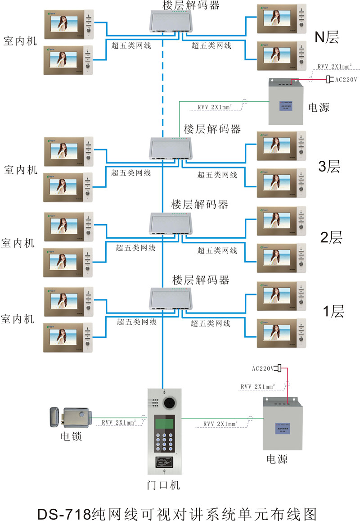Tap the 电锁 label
71,437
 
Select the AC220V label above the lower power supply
263,368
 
